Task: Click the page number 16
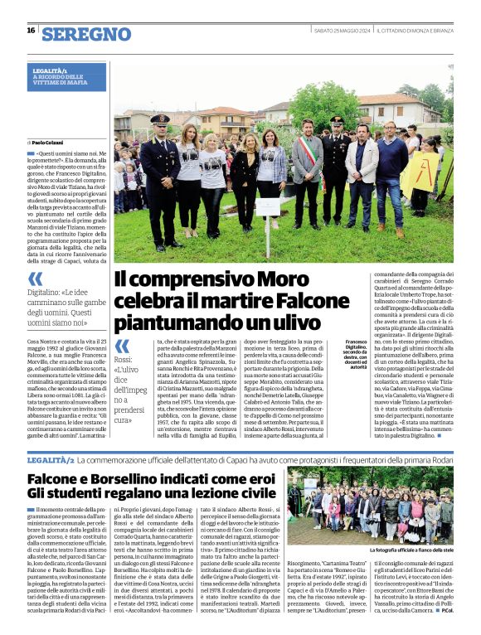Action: click(31, 30)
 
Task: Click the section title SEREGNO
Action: click(85, 34)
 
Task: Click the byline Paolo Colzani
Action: click(51, 143)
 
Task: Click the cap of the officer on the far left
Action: click(160, 119)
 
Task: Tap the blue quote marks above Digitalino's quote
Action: click(36, 279)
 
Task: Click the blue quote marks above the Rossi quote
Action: click(122, 345)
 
